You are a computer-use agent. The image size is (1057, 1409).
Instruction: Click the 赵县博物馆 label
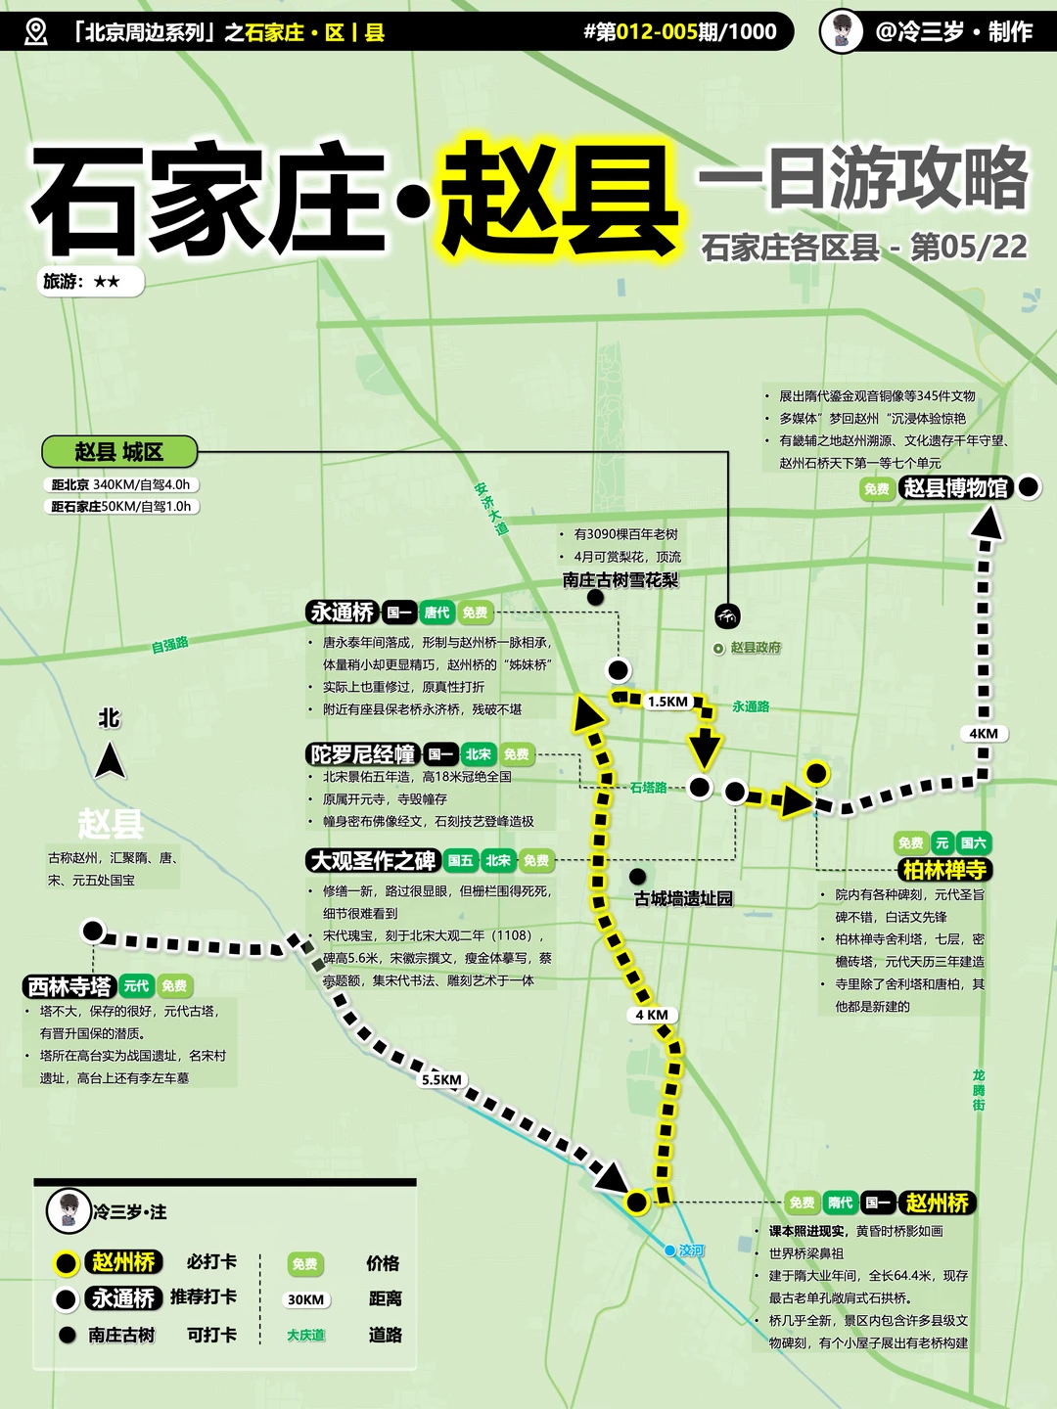pos(955,487)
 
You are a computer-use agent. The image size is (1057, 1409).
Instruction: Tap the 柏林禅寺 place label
pos(943,870)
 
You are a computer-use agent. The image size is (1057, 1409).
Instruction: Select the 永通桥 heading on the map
pos(343,613)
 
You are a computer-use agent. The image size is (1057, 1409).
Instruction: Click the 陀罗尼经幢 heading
pos(363,754)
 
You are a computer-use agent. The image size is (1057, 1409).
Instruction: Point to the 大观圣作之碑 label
pos(373,861)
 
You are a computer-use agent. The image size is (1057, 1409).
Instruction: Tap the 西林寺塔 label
pos(69,986)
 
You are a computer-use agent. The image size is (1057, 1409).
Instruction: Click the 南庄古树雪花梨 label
pos(620,579)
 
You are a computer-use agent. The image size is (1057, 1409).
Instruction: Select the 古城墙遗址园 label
pos(683,898)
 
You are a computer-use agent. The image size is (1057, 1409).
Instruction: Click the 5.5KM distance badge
pos(441,1079)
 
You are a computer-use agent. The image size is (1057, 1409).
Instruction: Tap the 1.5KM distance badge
pos(667,702)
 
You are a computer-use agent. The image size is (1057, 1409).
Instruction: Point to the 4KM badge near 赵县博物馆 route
pos(984,734)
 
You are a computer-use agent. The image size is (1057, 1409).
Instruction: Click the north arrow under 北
pos(110,760)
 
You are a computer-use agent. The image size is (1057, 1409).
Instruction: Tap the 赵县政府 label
pos(755,648)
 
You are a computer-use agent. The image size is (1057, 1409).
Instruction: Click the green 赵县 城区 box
pos(119,452)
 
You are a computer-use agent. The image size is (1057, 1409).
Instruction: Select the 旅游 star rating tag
pos(93,282)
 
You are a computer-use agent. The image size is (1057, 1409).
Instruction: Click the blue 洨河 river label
pos(691,1250)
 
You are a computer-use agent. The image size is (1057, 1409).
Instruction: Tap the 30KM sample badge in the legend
pos(305,1299)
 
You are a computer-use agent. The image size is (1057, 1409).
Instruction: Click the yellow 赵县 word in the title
pos(559,199)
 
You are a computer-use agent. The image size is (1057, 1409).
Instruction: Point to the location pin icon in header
pos(36,31)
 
